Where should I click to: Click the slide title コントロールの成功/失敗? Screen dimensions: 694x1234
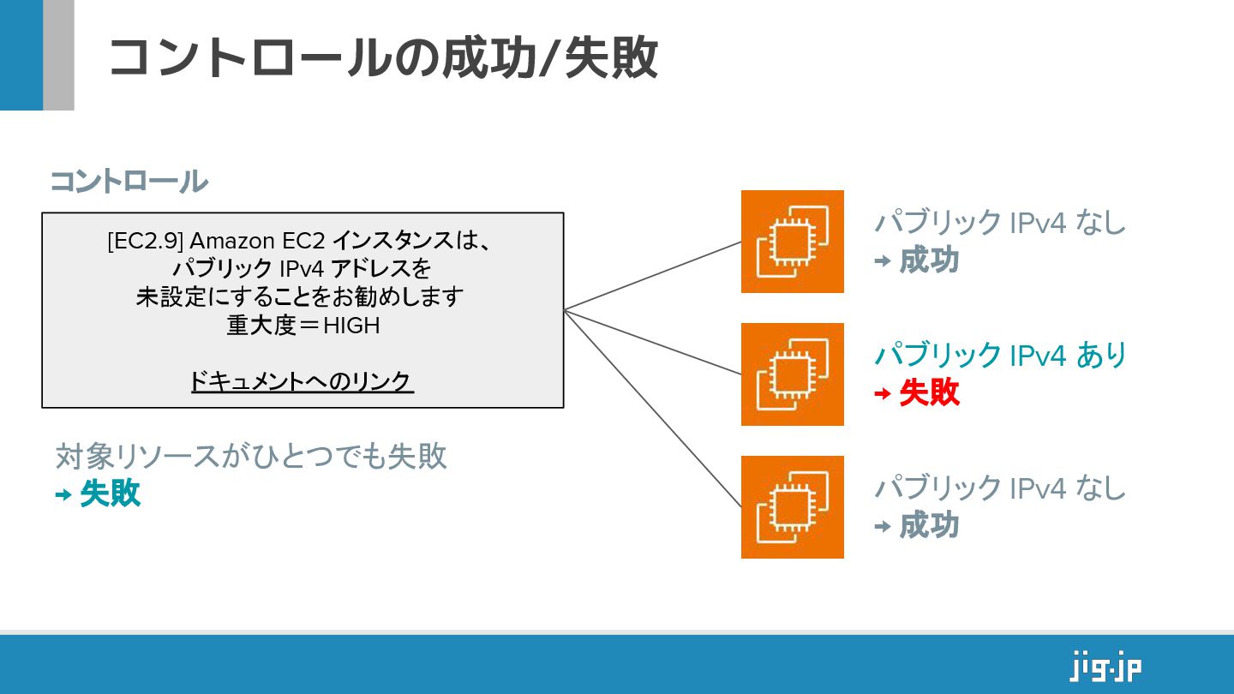[382, 58]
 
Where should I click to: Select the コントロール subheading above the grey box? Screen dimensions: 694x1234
[129, 182]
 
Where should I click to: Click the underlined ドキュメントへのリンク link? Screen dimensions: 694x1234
[302, 381]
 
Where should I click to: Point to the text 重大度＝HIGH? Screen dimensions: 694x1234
[303, 326]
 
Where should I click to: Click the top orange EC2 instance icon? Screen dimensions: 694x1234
[792, 242]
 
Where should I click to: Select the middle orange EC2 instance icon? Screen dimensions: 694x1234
[792, 374]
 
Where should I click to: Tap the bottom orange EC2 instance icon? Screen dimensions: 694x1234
[792, 507]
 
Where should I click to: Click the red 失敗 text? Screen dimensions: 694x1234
[929, 393]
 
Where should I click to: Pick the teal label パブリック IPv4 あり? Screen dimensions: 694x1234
[1000, 355]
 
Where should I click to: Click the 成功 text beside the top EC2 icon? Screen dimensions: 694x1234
[929, 260]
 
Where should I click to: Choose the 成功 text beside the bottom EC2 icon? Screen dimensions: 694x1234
[929, 526]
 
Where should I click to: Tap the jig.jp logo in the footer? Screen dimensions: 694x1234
[1105, 666]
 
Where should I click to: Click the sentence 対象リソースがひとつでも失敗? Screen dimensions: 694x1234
[251, 457]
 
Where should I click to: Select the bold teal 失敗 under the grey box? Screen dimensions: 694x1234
[110, 494]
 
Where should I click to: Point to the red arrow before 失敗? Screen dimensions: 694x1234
[882, 394]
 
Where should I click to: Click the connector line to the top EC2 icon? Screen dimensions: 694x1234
[651, 276]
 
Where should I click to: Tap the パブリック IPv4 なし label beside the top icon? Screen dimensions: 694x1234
[1000, 223]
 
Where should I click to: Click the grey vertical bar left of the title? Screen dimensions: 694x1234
[58, 55]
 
